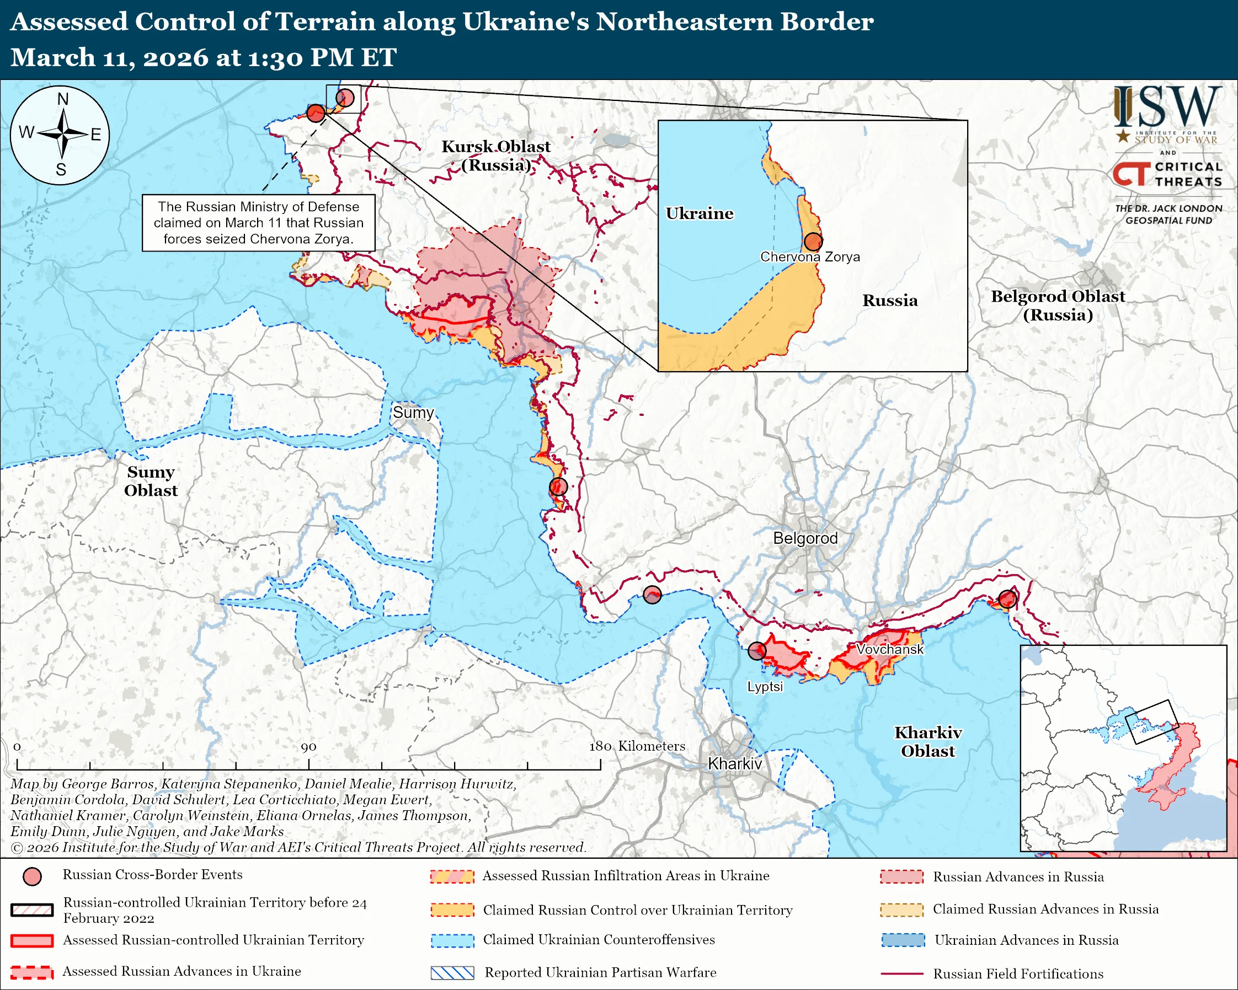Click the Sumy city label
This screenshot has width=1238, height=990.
(x=413, y=413)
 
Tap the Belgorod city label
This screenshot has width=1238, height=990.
(x=805, y=538)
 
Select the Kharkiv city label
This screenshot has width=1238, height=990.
(x=734, y=764)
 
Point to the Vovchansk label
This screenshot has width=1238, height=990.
(x=889, y=649)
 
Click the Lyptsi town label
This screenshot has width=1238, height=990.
(x=764, y=687)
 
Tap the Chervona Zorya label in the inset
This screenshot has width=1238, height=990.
(x=810, y=257)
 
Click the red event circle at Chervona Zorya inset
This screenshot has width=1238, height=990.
(x=813, y=242)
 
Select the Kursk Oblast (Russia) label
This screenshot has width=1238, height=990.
(x=495, y=156)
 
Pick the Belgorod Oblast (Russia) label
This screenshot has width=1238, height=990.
(x=1058, y=306)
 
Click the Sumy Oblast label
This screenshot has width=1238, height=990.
(x=151, y=481)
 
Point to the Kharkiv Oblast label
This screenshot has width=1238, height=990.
(x=928, y=741)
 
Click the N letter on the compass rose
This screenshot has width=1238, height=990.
(x=62, y=99)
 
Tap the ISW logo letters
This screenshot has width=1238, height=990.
(x=1167, y=108)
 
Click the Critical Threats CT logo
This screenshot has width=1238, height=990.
(x=1132, y=174)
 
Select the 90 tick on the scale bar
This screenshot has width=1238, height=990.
(x=308, y=747)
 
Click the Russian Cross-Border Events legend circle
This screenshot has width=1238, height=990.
(x=32, y=876)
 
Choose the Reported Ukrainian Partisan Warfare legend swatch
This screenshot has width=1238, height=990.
(x=452, y=973)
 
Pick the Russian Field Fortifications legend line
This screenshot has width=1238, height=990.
(x=901, y=974)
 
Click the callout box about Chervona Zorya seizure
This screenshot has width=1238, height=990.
(x=258, y=223)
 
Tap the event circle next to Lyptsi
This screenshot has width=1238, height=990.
(x=757, y=651)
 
